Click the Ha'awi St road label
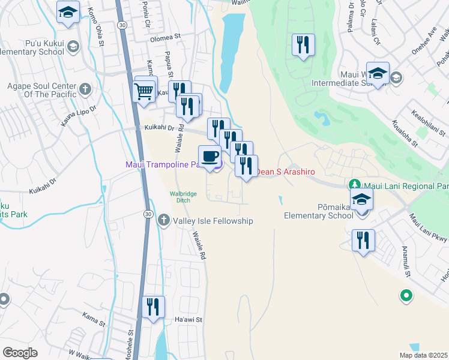click(x=185, y=319)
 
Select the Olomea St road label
click(x=165, y=37)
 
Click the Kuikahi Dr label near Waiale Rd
click(x=159, y=128)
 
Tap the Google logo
click(x=20, y=353)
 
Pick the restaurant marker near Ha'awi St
click(x=153, y=307)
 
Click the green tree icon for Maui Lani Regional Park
click(x=355, y=184)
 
